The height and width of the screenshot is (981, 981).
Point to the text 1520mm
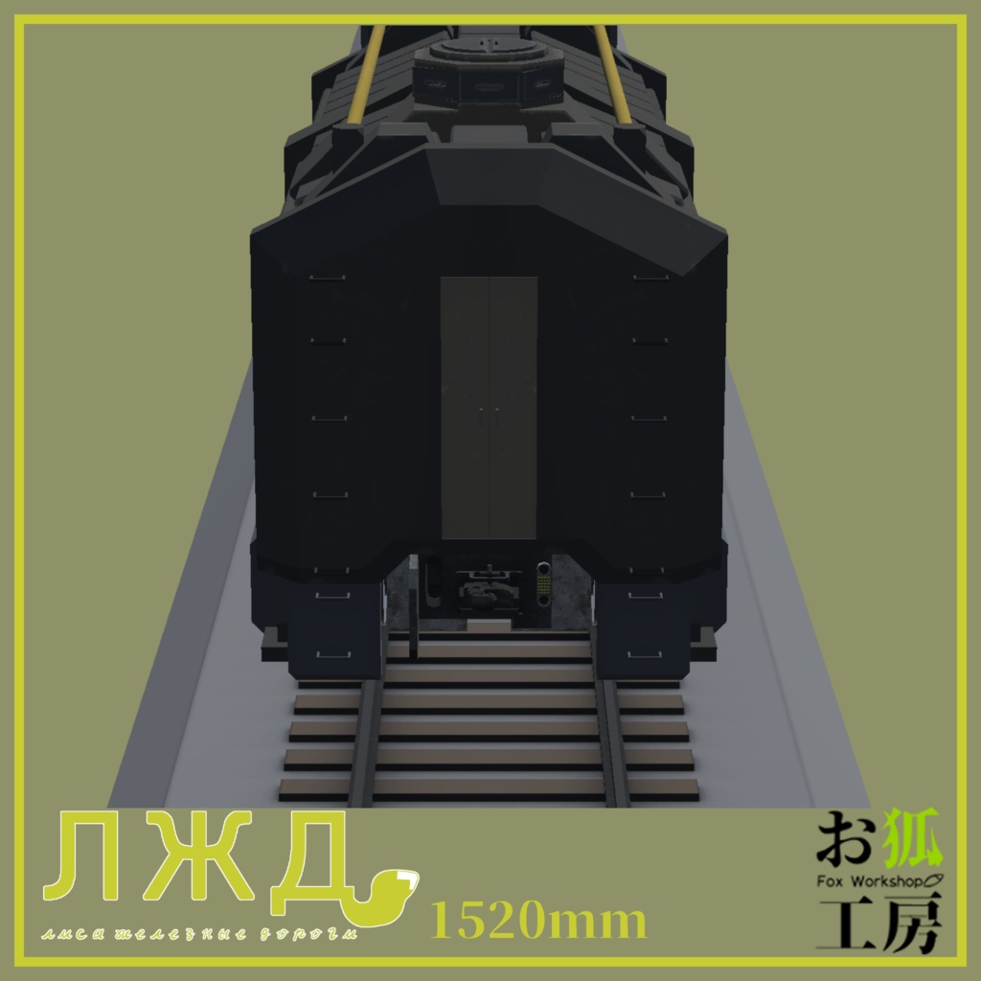[539, 922]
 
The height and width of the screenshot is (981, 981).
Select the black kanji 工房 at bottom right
[879, 923]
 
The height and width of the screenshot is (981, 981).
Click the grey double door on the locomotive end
[489, 407]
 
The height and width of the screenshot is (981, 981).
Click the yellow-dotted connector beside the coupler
[543, 582]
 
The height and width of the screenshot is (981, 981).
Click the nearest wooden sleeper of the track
[489, 787]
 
